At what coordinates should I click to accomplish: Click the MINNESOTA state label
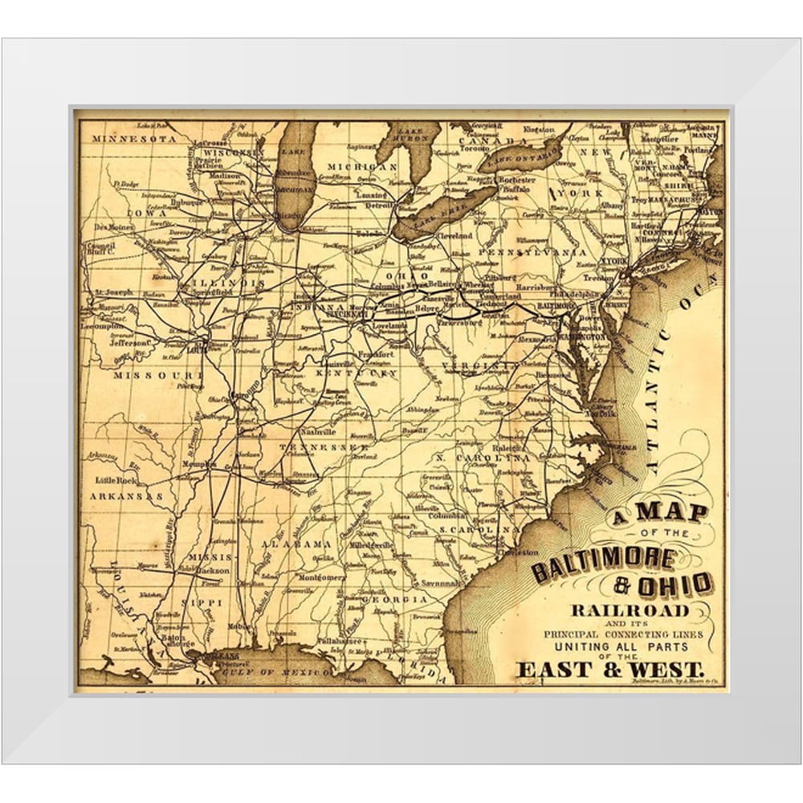tap(132, 138)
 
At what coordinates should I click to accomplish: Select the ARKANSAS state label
tap(126, 496)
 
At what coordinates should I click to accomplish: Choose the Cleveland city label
tap(454, 237)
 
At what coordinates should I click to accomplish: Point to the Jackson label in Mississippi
tap(212, 570)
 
